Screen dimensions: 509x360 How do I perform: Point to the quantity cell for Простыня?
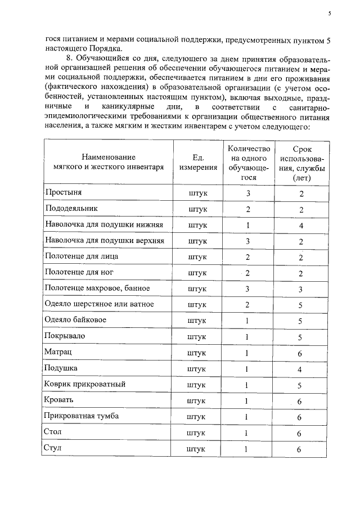247,193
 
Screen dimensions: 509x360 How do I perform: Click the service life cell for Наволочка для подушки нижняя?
301,226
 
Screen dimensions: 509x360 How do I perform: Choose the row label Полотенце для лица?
81,256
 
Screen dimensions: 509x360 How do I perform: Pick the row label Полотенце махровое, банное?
97,289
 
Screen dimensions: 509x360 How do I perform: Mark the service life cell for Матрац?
301,353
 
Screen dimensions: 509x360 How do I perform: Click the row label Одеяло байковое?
76,321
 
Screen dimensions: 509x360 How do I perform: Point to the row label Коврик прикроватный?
84,385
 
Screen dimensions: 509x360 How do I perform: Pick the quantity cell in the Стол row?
247,433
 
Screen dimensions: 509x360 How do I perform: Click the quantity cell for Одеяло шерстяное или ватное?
247,305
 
